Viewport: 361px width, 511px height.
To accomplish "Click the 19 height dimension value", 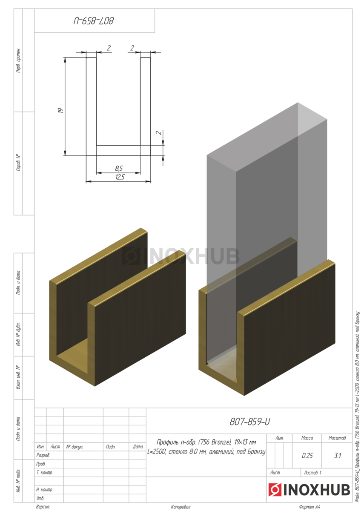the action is (60, 111).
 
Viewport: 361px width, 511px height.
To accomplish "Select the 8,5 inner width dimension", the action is (119, 168).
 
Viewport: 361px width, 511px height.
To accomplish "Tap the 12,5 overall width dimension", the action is (120, 177).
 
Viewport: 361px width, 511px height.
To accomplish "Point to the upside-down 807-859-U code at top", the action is (94, 21).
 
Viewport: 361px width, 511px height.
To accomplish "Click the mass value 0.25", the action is (307, 456).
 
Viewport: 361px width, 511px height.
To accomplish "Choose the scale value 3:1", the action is (338, 456).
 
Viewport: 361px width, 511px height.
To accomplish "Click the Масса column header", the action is (307, 438).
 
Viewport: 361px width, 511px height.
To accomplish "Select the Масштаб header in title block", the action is (337, 438).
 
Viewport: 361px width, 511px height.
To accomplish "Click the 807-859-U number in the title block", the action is (249, 422).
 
